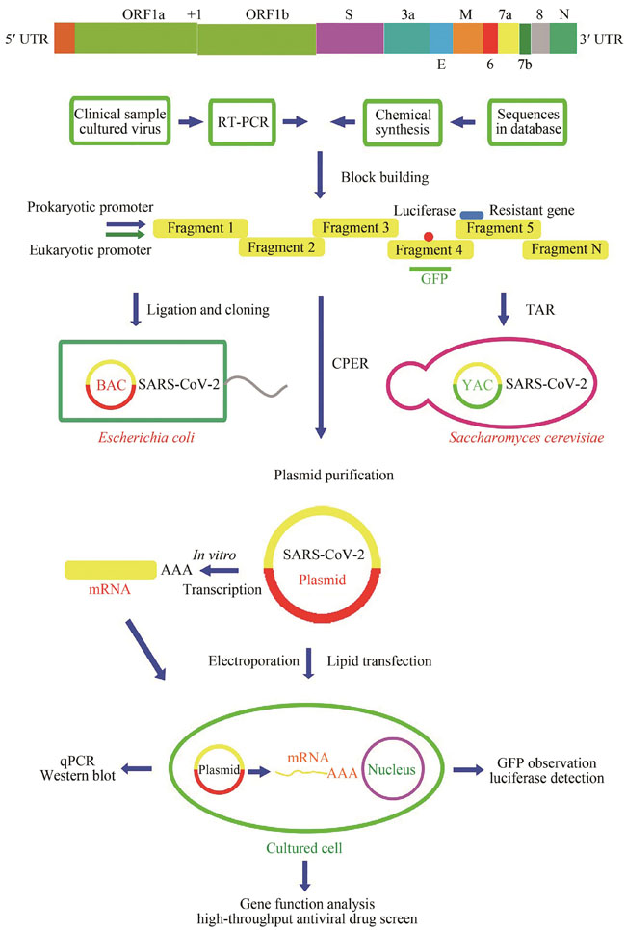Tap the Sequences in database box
pyautogui.click(x=526, y=121)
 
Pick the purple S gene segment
pyautogui.click(x=350, y=38)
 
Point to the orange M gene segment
pyautogui.click(x=467, y=38)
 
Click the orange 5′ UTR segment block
pyautogui.click(x=65, y=38)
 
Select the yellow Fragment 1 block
pyautogui.click(x=200, y=228)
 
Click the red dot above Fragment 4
pyautogui.click(x=428, y=237)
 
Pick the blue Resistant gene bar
pyautogui.click(x=472, y=215)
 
